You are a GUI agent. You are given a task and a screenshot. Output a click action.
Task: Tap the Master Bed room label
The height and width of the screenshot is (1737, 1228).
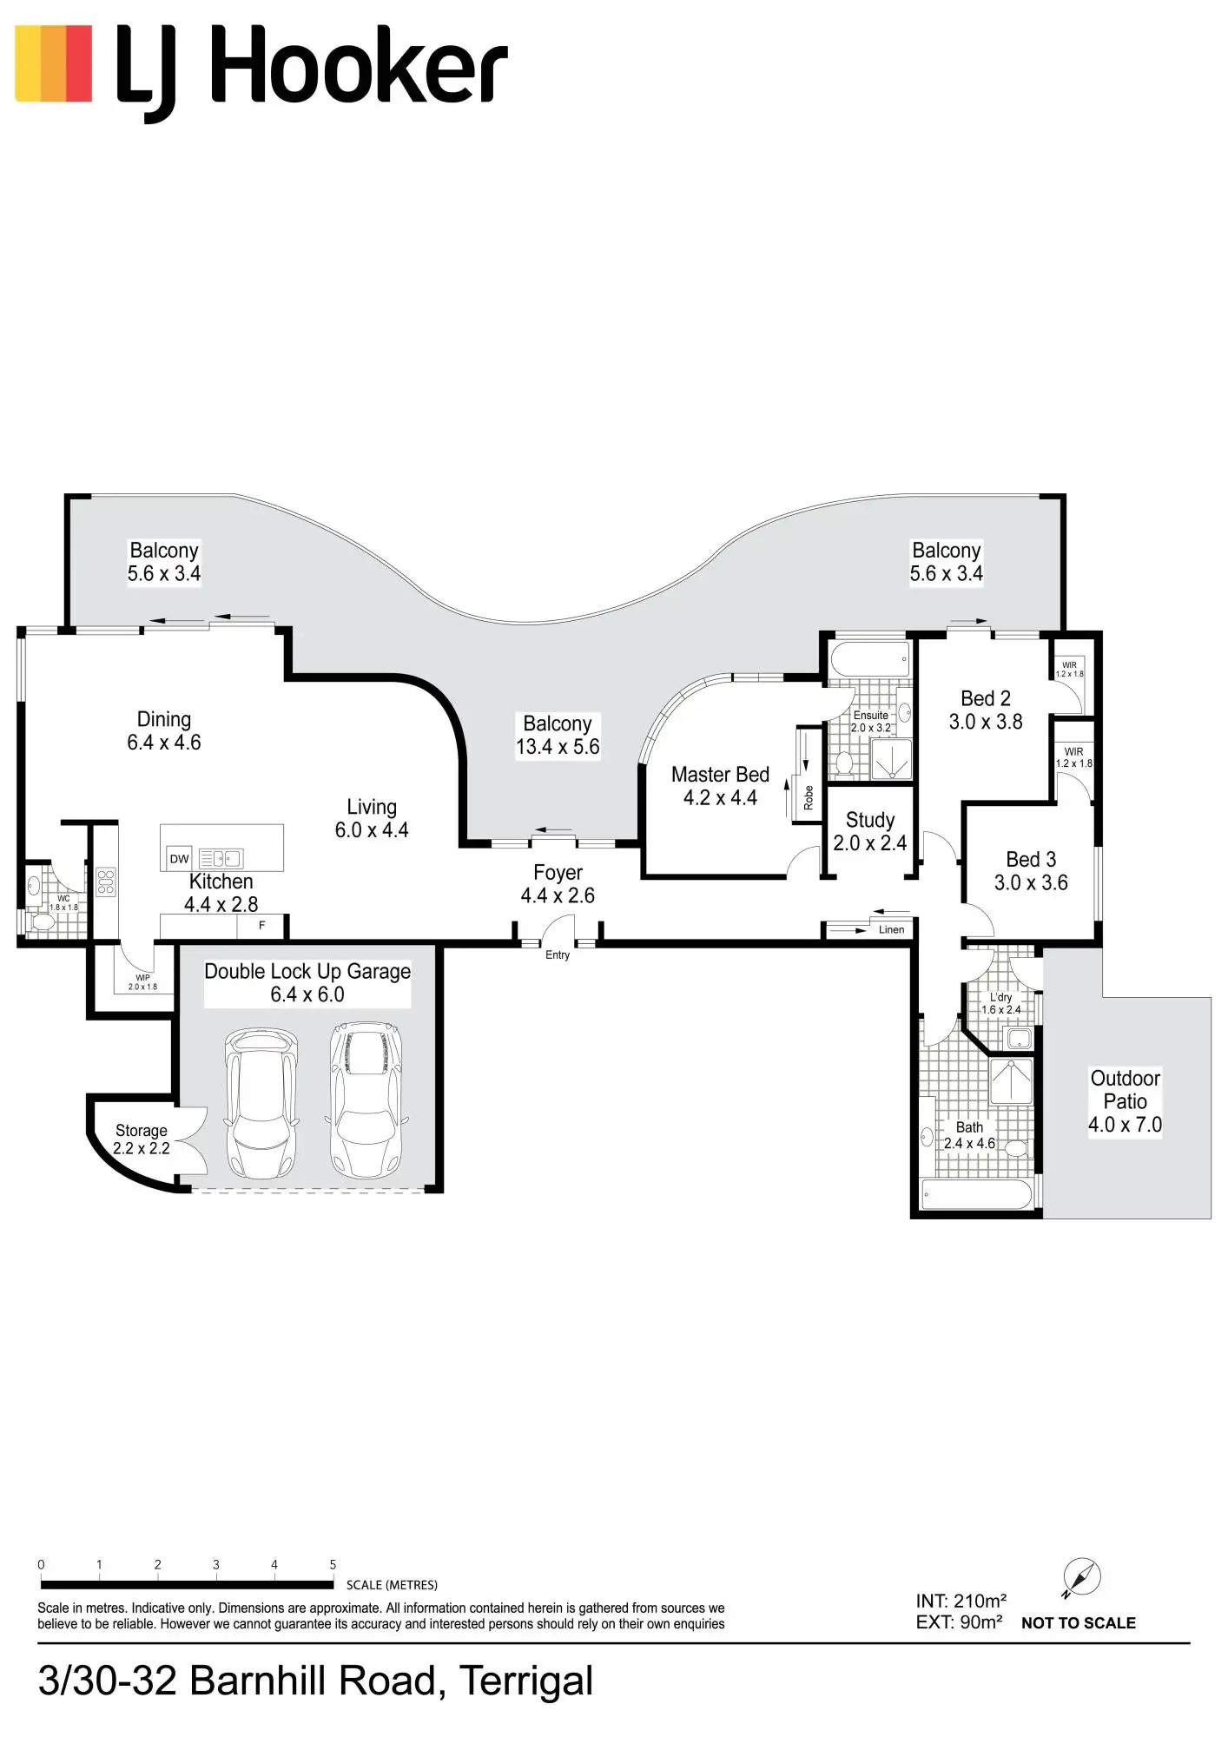point(720,775)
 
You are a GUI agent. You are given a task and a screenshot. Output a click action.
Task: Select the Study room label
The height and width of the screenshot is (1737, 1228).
point(869,821)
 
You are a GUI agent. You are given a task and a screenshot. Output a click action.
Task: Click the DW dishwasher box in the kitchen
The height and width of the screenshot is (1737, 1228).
point(179,859)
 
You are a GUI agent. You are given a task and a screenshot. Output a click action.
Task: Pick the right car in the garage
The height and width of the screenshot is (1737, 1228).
point(366,1099)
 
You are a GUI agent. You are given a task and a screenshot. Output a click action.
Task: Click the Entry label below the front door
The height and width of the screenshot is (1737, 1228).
point(558,955)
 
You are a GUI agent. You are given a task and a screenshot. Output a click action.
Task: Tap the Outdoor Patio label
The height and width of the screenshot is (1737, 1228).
point(1125,1090)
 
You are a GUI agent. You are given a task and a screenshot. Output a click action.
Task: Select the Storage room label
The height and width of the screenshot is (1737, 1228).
point(142,1131)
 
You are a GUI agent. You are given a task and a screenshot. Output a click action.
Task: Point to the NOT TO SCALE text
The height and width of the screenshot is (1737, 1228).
point(1078,1623)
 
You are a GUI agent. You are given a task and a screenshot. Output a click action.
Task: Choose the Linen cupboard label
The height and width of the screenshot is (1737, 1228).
point(891,929)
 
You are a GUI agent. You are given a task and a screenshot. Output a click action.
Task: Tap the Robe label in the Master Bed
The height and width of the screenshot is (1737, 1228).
point(809,797)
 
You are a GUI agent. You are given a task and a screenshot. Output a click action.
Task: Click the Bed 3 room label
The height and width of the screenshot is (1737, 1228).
point(1031,860)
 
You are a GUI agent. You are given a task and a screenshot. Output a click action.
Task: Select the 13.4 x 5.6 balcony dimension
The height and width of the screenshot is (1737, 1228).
point(558,747)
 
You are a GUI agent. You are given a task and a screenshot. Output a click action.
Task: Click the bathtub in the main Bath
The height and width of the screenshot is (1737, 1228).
point(976,1194)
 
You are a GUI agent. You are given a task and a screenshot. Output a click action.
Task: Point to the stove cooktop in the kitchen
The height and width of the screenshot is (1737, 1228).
point(106,882)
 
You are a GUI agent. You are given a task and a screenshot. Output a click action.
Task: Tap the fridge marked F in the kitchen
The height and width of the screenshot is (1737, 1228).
point(261,926)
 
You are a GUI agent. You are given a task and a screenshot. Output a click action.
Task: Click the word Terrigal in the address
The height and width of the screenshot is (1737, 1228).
point(526,1681)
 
